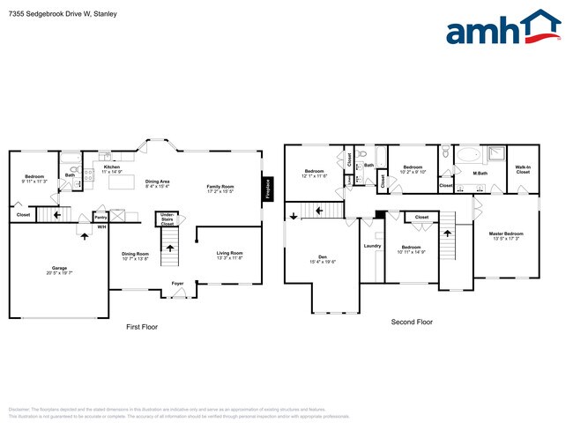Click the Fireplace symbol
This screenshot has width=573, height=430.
pos(265,189)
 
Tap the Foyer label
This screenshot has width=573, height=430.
pos(177,284)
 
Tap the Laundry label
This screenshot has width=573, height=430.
pos(372,246)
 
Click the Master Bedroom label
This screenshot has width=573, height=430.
pos(507,235)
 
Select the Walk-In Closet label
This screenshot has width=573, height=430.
pos(523,169)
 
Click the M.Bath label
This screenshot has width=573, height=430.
pos(480,173)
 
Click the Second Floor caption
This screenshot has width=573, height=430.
pos(412,322)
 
